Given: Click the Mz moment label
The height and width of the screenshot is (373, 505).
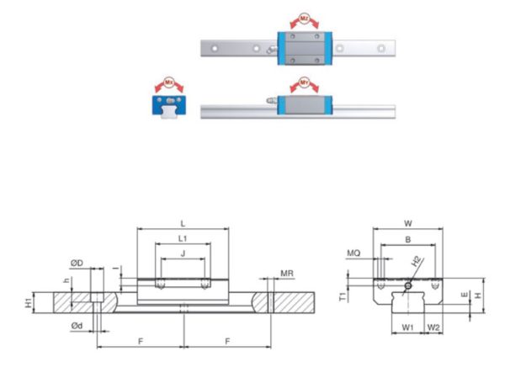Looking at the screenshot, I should [x=305, y=16].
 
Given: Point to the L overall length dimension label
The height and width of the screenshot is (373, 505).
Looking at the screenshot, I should [x=183, y=222].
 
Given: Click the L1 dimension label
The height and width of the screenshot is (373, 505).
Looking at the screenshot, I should [x=183, y=240].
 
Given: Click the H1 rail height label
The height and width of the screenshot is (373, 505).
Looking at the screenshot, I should [x=50, y=301].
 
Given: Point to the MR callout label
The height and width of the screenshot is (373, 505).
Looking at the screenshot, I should [x=287, y=274].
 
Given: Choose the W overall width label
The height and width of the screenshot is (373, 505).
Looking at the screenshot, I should [x=407, y=223].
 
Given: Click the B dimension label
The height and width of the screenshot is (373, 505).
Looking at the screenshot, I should [x=408, y=239].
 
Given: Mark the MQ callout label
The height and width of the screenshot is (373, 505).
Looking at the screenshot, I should [x=353, y=252].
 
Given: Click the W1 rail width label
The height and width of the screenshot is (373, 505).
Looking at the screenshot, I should [x=407, y=327].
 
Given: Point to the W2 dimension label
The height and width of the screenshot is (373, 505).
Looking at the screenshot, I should [x=433, y=327].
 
